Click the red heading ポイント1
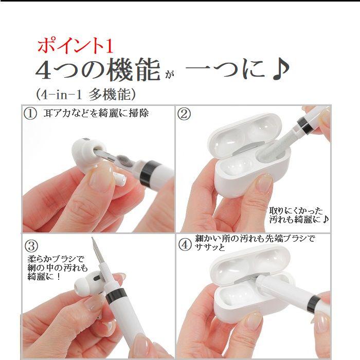(75, 46)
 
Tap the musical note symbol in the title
(280, 71)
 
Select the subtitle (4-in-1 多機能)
(86, 94)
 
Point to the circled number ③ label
(30, 244)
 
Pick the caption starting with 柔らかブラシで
(58, 268)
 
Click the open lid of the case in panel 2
(247, 131)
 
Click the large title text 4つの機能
(98, 71)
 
